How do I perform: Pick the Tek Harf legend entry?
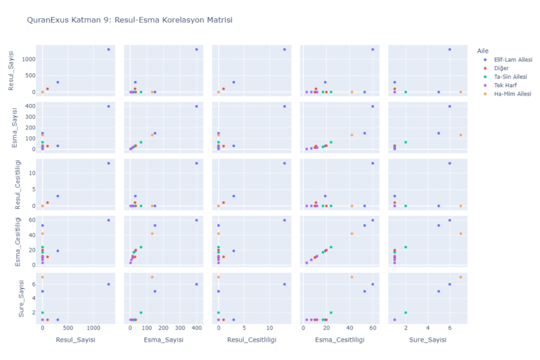[506, 85]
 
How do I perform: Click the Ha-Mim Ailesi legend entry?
[512, 94]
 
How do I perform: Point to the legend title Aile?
[482, 50]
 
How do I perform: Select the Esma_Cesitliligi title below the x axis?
[342, 340]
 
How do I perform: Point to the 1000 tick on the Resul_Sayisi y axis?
[26, 59]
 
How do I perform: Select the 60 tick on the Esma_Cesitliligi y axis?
[30, 220]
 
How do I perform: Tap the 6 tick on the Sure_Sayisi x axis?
[449, 328]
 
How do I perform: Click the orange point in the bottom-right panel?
[461, 277]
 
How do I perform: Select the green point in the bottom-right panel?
[406, 313]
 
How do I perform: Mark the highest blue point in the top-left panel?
[108, 49]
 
